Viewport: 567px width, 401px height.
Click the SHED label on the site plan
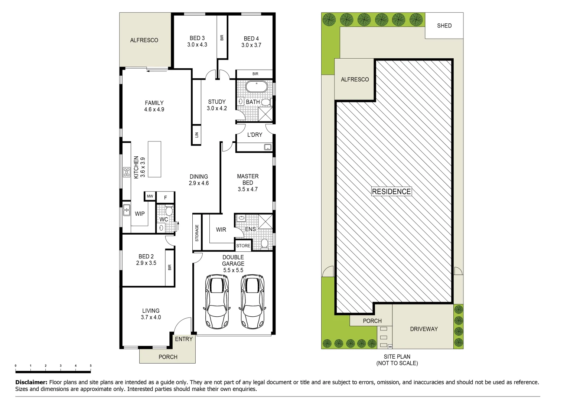click(444, 26)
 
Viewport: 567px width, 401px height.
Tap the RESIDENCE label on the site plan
click(391, 192)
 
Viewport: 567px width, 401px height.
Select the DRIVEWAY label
click(424, 329)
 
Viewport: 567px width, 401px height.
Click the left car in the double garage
click(217, 301)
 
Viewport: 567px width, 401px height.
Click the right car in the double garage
click(252, 301)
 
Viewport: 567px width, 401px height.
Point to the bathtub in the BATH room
click(256, 87)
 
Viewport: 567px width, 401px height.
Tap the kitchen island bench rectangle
click(154, 159)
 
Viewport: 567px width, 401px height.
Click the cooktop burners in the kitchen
click(127, 172)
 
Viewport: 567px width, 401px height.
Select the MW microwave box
click(150, 196)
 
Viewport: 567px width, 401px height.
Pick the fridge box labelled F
click(166, 198)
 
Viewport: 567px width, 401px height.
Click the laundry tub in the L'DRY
click(268, 147)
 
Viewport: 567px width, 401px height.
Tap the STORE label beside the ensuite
click(243, 246)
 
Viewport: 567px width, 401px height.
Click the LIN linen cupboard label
click(196, 135)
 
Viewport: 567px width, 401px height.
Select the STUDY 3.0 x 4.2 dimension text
click(217, 108)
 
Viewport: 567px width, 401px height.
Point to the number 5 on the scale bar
click(91, 366)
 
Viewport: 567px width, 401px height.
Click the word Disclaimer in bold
click(31, 382)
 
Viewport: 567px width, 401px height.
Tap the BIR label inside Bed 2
click(170, 267)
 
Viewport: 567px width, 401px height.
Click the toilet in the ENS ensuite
click(264, 243)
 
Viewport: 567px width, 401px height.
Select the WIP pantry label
click(140, 214)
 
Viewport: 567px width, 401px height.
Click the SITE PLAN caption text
click(397, 356)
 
